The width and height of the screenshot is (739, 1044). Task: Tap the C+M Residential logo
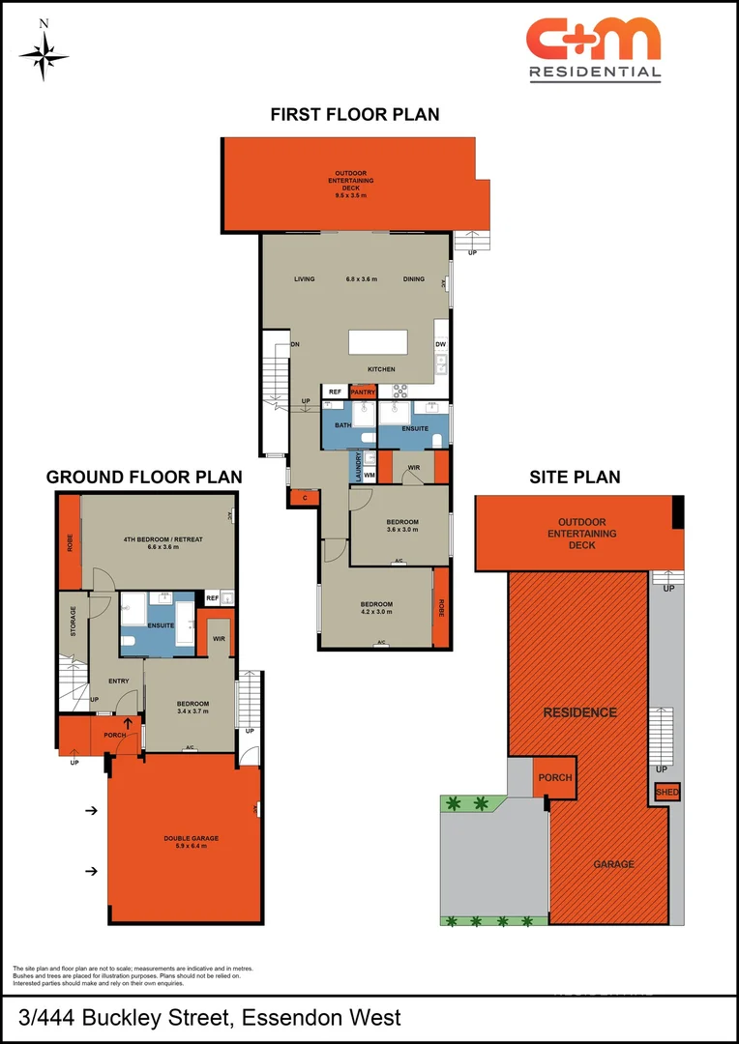tap(594, 48)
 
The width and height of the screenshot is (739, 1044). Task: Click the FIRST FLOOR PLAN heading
tap(354, 114)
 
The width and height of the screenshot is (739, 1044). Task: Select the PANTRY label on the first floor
tap(363, 391)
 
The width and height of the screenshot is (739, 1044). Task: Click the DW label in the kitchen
tap(440, 344)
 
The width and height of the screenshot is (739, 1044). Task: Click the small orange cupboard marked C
tap(305, 498)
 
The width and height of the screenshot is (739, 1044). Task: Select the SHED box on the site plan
tap(667, 792)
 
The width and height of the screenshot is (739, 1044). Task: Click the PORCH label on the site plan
tap(554, 777)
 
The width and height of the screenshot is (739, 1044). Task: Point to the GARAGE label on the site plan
tap(614, 864)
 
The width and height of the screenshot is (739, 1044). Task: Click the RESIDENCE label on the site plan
tap(579, 712)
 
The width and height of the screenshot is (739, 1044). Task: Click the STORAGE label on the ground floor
tap(73, 621)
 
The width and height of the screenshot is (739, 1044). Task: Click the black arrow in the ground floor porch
tap(127, 722)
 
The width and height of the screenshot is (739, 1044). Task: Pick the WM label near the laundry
tap(369, 475)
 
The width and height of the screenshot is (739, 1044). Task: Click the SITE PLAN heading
tap(575, 477)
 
